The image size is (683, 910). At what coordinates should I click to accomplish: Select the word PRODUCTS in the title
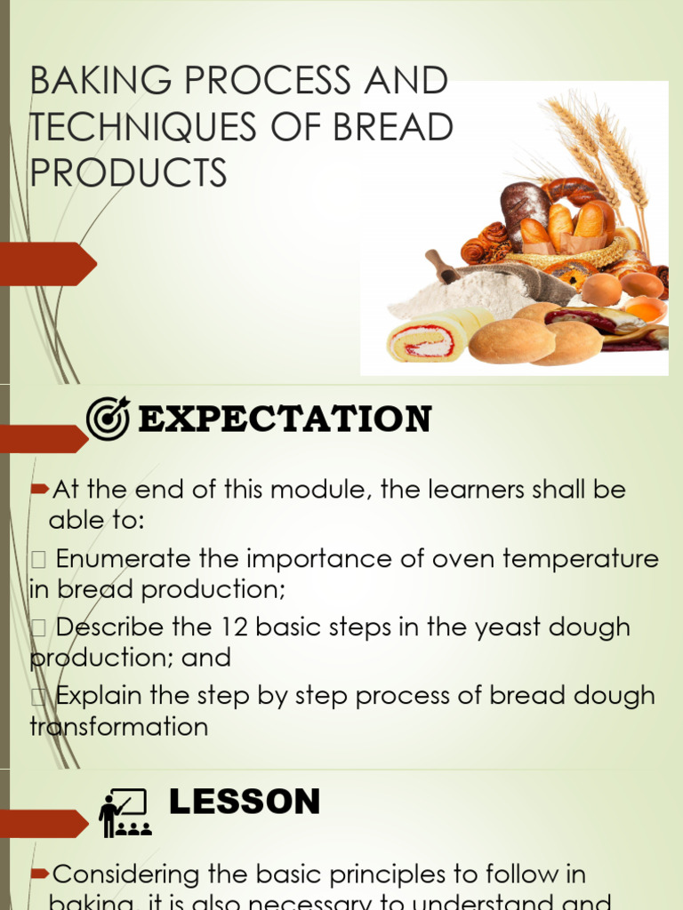coord(128,173)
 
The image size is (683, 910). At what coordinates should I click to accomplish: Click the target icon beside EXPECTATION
coord(108,418)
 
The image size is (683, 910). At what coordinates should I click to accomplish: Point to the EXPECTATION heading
coord(285,419)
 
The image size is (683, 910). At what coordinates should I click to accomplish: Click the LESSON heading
coord(244,802)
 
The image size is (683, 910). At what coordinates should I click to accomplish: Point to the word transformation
coord(119,727)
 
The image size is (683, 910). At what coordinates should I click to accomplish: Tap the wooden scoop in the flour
coord(442,266)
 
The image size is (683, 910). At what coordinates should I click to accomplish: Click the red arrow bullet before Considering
coord(39,875)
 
